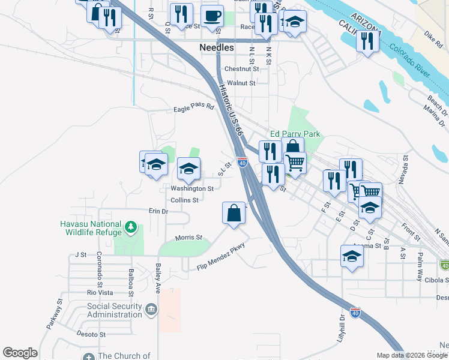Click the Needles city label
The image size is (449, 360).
[x=217, y=47]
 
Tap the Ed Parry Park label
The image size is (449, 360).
[x=295, y=134]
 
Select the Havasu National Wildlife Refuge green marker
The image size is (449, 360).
[x=130, y=228]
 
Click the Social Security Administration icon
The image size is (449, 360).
[x=151, y=310]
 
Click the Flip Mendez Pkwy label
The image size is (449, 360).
[x=221, y=259]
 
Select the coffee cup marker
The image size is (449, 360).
[x=211, y=16]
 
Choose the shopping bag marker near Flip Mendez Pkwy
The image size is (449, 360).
[x=234, y=213]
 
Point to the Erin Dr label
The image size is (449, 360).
[x=158, y=211]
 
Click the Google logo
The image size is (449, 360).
[x=20, y=353]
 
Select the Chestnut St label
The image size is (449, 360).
[x=241, y=69]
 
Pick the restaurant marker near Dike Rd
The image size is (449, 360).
[x=367, y=41]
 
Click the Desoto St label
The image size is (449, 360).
[x=91, y=334]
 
